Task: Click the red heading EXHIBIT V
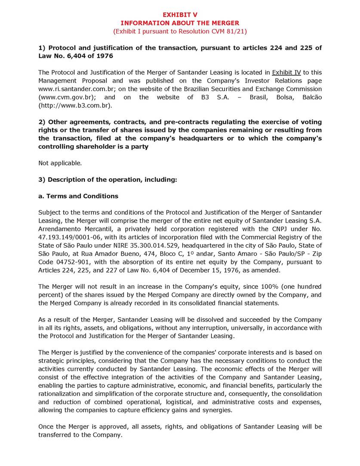tap(180, 15)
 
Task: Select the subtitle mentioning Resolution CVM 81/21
tap(180, 31)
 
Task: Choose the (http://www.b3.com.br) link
tap(75, 105)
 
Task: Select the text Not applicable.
tap(60, 163)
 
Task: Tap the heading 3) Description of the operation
tap(108, 180)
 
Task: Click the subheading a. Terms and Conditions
tap(78, 196)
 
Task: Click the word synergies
tap(218, 410)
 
